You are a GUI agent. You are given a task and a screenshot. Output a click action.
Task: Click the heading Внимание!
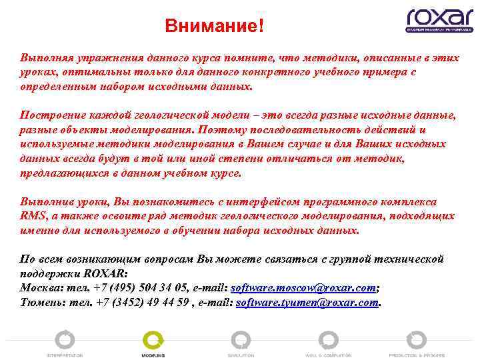point(215,27)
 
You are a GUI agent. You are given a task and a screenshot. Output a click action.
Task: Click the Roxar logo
point(439,20)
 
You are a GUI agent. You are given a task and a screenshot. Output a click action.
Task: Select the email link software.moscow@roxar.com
point(303,288)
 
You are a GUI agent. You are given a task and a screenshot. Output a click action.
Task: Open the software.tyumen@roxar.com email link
point(307,302)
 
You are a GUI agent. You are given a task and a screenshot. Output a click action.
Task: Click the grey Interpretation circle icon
point(65,340)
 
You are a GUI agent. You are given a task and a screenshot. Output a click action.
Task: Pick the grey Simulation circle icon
point(240,340)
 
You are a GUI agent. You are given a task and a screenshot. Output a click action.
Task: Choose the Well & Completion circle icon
point(329,340)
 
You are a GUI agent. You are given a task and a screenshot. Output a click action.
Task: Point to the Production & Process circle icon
point(417,340)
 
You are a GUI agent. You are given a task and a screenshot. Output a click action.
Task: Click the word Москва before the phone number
point(38,288)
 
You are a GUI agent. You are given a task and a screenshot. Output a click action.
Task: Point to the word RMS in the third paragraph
point(32,216)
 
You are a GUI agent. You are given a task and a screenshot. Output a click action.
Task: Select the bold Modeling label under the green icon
point(153,355)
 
